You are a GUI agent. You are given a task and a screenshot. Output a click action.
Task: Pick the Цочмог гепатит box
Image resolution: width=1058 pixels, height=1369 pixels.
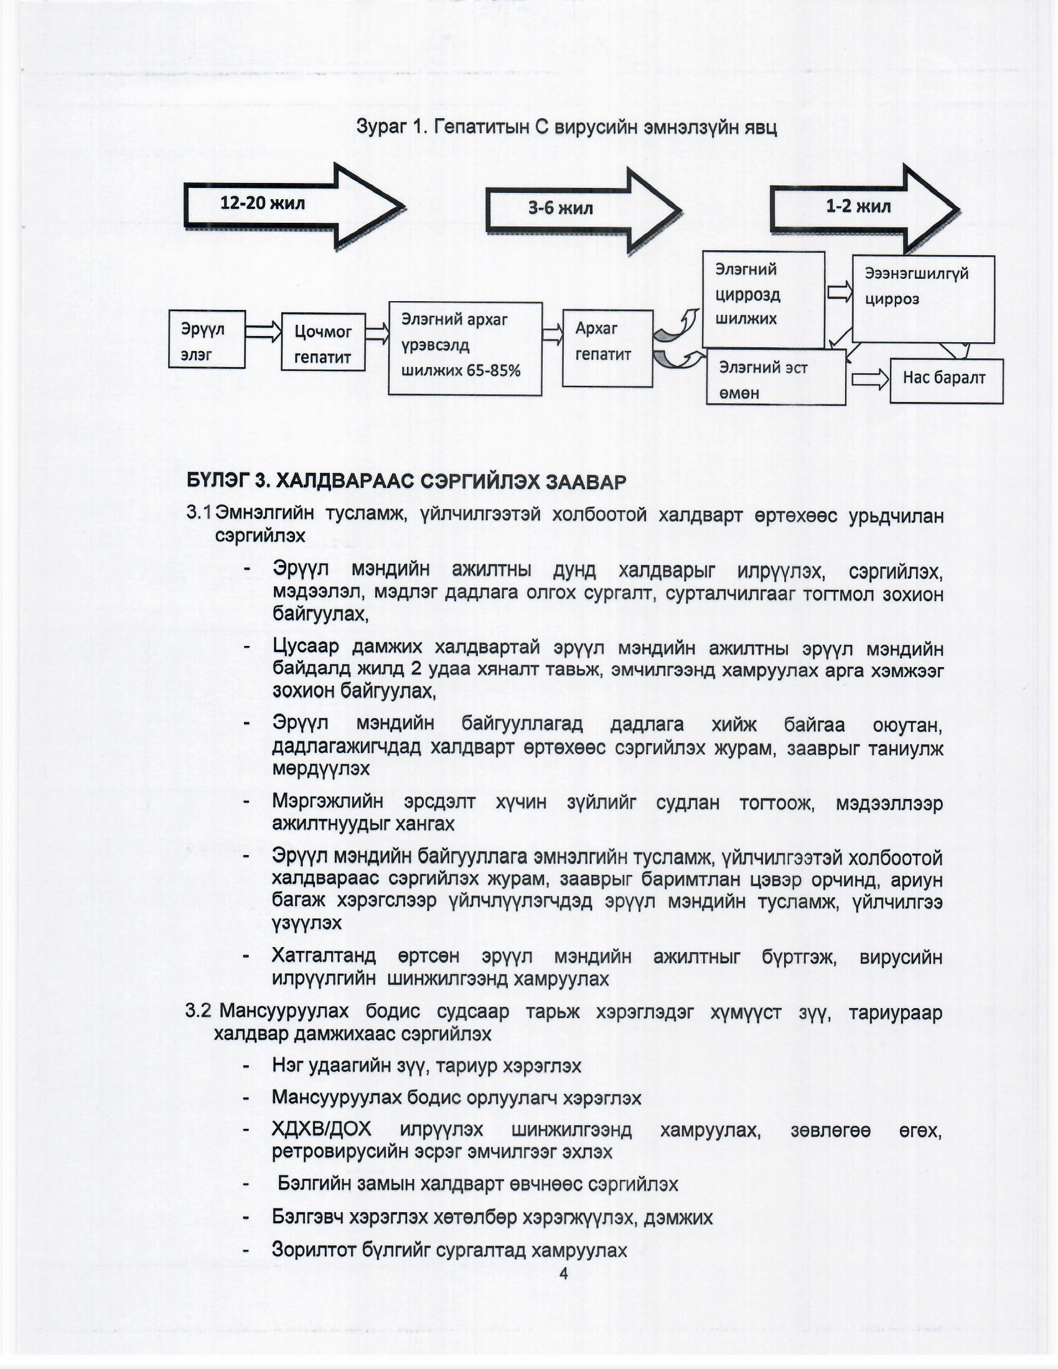tap(323, 342)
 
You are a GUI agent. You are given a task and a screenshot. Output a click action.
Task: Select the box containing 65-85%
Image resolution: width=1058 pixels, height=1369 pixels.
tap(464, 348)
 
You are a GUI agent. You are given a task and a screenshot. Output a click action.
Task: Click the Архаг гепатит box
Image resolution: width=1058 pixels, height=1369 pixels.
tap(607, 348)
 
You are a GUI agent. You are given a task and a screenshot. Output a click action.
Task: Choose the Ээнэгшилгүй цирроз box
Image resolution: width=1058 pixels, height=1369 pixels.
tap(922, 298)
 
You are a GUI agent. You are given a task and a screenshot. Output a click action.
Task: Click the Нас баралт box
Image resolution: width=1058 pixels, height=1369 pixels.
tap(946, 380)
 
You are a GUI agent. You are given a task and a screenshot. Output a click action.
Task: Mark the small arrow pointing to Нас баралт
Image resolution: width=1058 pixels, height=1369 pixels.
tap(869, 379)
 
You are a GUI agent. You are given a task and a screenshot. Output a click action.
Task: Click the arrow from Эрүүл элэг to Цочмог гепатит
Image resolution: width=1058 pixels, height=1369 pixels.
tap(263, 332)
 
